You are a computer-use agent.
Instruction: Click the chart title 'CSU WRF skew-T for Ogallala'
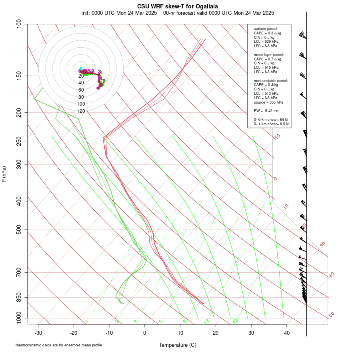[177, 6]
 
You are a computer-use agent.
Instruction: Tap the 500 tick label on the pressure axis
[18, 230]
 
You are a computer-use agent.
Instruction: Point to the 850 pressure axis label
[18, 297]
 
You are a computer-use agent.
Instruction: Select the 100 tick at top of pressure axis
[18, 24]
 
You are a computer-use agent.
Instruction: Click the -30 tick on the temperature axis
[38, 333]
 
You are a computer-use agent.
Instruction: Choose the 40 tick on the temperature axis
[287, 333]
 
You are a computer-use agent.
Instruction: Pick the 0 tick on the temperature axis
[145, 333]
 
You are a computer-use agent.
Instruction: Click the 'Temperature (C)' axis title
[177, 345]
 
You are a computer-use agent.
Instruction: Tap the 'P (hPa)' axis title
[4, 174]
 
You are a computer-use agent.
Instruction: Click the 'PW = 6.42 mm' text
[266, 111]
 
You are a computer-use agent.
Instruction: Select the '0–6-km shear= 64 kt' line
[271, 120]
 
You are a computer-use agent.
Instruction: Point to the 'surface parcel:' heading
[266, 29]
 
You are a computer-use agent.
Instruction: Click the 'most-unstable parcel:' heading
[271, 81]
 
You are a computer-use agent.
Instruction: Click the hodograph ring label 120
[81, 111]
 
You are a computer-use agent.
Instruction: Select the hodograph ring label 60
[81, 90]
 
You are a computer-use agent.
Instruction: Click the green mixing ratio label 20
[236, 321]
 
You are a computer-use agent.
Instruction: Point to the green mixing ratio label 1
[87, 322]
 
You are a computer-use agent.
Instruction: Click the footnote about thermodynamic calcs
[59, 345]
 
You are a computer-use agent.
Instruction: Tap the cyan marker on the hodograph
[81, 68]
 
